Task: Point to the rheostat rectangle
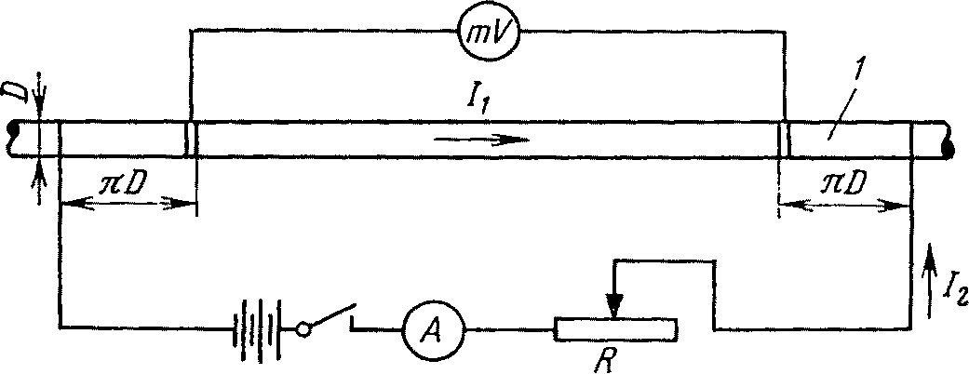[x=615, y=328]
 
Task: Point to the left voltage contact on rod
[x=191, y=140]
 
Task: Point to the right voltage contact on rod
[x=784, y=140]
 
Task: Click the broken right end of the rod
[x=949, y=140]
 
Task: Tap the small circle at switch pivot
[x=303, y=328]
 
